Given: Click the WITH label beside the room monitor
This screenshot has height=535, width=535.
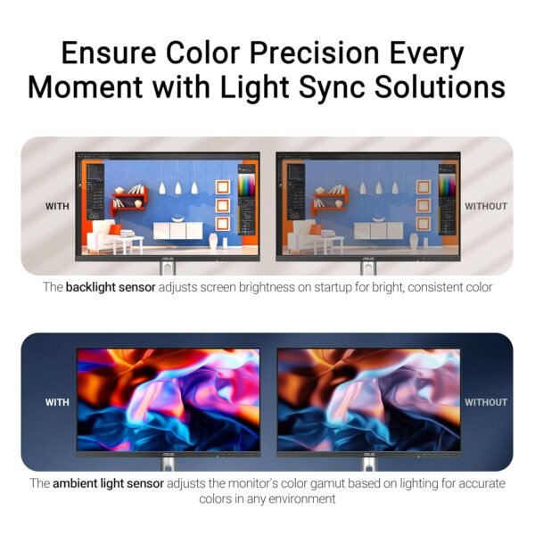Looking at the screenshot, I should pos(57,206).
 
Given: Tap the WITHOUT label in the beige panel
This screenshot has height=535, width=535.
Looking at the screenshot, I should pos(486,206).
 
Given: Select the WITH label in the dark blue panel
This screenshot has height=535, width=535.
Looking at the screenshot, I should pos(57,402).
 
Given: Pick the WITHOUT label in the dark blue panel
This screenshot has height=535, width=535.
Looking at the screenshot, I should pos(486,402).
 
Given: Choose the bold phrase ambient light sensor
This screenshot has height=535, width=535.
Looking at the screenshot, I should pos(108,483).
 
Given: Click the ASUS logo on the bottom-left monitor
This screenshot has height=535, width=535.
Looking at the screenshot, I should pos(167,455).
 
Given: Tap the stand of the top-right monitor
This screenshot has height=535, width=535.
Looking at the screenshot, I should pos(367,267).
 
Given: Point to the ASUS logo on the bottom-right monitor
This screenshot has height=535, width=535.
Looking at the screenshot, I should pos(367,455).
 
